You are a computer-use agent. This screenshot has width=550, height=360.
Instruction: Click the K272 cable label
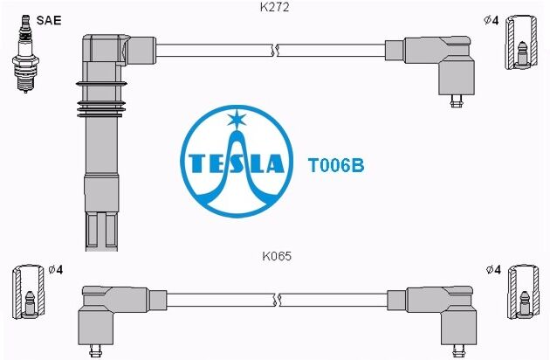275,7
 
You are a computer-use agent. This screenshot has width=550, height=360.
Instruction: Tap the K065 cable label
277,256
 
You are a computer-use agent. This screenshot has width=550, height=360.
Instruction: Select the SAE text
49,20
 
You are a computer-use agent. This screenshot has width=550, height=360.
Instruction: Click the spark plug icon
25,53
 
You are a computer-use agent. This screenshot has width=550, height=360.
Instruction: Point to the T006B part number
336,165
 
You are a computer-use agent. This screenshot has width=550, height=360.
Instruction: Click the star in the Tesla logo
237,119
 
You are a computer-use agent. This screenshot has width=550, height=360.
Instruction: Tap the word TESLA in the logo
236,163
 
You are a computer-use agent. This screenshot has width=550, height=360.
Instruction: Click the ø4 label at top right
491,21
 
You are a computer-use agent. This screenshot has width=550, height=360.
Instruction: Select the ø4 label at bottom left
55,270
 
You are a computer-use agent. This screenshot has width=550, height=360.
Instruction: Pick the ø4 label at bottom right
493,270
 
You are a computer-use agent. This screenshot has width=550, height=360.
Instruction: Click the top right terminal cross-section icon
521,42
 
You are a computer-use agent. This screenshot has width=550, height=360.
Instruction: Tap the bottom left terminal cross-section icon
29,292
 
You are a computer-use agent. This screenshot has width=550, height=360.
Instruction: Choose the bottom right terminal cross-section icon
523,292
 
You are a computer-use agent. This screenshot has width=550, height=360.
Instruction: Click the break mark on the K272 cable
275,50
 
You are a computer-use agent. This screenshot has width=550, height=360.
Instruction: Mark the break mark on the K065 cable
277,300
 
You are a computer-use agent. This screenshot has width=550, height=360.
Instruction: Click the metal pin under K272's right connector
457,101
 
